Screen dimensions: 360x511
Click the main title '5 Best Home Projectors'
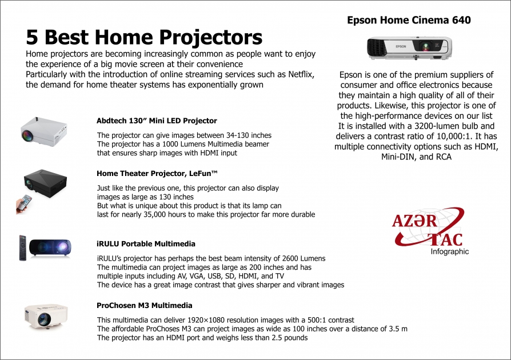coord(144,37)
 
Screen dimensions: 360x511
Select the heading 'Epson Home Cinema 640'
coord(409,20)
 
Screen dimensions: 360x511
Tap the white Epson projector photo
coord(409,48)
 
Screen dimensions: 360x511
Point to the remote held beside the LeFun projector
coord(24,204)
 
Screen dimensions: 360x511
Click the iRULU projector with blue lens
coord(50,246)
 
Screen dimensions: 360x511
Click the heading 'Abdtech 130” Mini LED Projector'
coord(157,121)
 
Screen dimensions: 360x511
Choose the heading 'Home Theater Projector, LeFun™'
coord(158,173)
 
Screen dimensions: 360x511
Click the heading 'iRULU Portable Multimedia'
coord(146,243)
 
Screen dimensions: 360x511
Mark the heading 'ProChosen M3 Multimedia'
coord(144,306)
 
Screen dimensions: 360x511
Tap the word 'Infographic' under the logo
coord(449,251)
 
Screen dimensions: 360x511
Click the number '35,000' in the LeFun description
coord(179,214)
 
